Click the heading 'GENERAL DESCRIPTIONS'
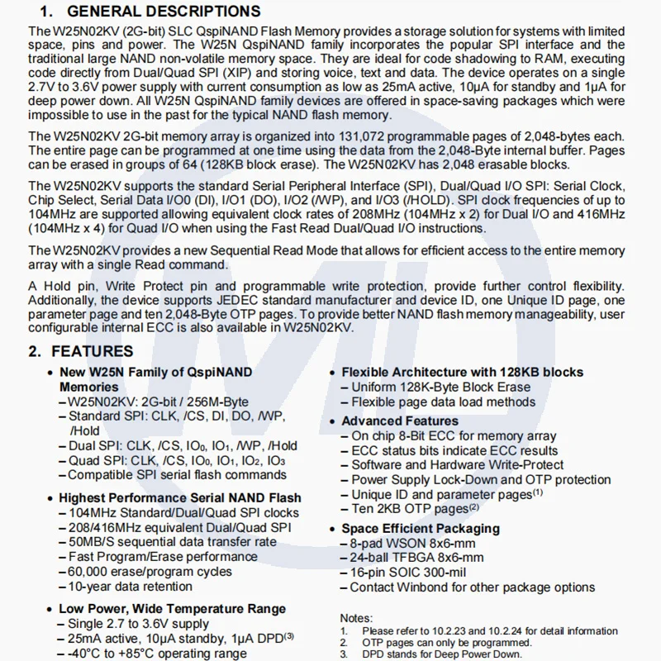click(163, 12)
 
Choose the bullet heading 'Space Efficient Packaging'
click(421, 528)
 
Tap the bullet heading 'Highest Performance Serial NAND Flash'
click(179, 498)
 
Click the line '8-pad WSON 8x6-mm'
click(412, 543)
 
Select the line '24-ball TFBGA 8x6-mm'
click(417, 558)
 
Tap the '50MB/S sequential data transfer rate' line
click(172, 542)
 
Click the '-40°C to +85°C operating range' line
click(157, 653)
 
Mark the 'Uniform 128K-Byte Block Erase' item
click(440, 387)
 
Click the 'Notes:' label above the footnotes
click(357, 618)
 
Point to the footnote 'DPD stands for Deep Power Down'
click(442, 654)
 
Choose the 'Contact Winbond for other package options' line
click(472, 587)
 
